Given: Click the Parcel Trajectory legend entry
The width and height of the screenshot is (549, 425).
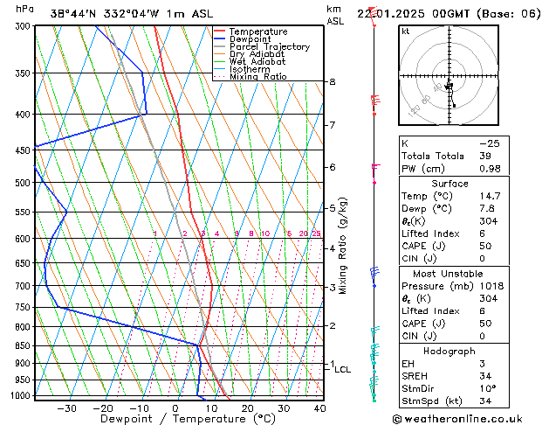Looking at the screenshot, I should [269, 47].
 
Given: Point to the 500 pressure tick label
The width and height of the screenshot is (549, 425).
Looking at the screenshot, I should [23, 183].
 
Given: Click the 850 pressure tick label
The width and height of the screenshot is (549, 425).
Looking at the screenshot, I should [23, 345].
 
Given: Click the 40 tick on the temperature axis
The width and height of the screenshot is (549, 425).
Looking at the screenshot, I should [319, 408].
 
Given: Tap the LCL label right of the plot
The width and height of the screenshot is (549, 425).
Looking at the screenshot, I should [342, 369].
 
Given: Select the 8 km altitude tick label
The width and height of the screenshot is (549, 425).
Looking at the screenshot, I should [332, 82].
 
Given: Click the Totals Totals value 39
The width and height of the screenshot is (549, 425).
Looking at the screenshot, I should [484, 156].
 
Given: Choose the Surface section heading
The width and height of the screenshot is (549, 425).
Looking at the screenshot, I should [449, 184].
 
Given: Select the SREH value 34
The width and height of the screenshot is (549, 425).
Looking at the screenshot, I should [484, 376].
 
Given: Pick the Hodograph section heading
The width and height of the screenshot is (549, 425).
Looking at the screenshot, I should [449, 351].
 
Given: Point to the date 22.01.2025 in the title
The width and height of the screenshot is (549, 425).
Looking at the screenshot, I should [395, 13].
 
